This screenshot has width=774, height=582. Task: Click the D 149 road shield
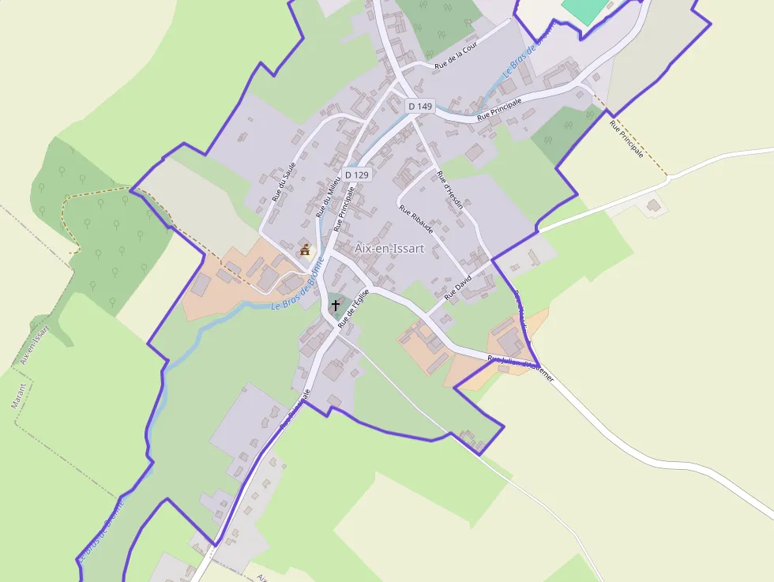coord(420,106)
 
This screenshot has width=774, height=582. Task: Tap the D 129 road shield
coord(356,175)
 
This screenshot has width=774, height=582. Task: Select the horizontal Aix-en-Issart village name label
coord(389,248)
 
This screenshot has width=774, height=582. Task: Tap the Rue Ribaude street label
coord(416,220)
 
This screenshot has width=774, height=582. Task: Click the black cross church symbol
coord(336,304)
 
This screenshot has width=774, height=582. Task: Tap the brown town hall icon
coord(305,250)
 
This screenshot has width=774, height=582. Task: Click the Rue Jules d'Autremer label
coord(520,369)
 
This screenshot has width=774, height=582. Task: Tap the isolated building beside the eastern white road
coord(654,205)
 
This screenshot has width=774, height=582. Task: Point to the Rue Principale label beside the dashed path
coord(626,138)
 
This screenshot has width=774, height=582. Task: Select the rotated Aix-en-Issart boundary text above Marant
coord(32,344)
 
